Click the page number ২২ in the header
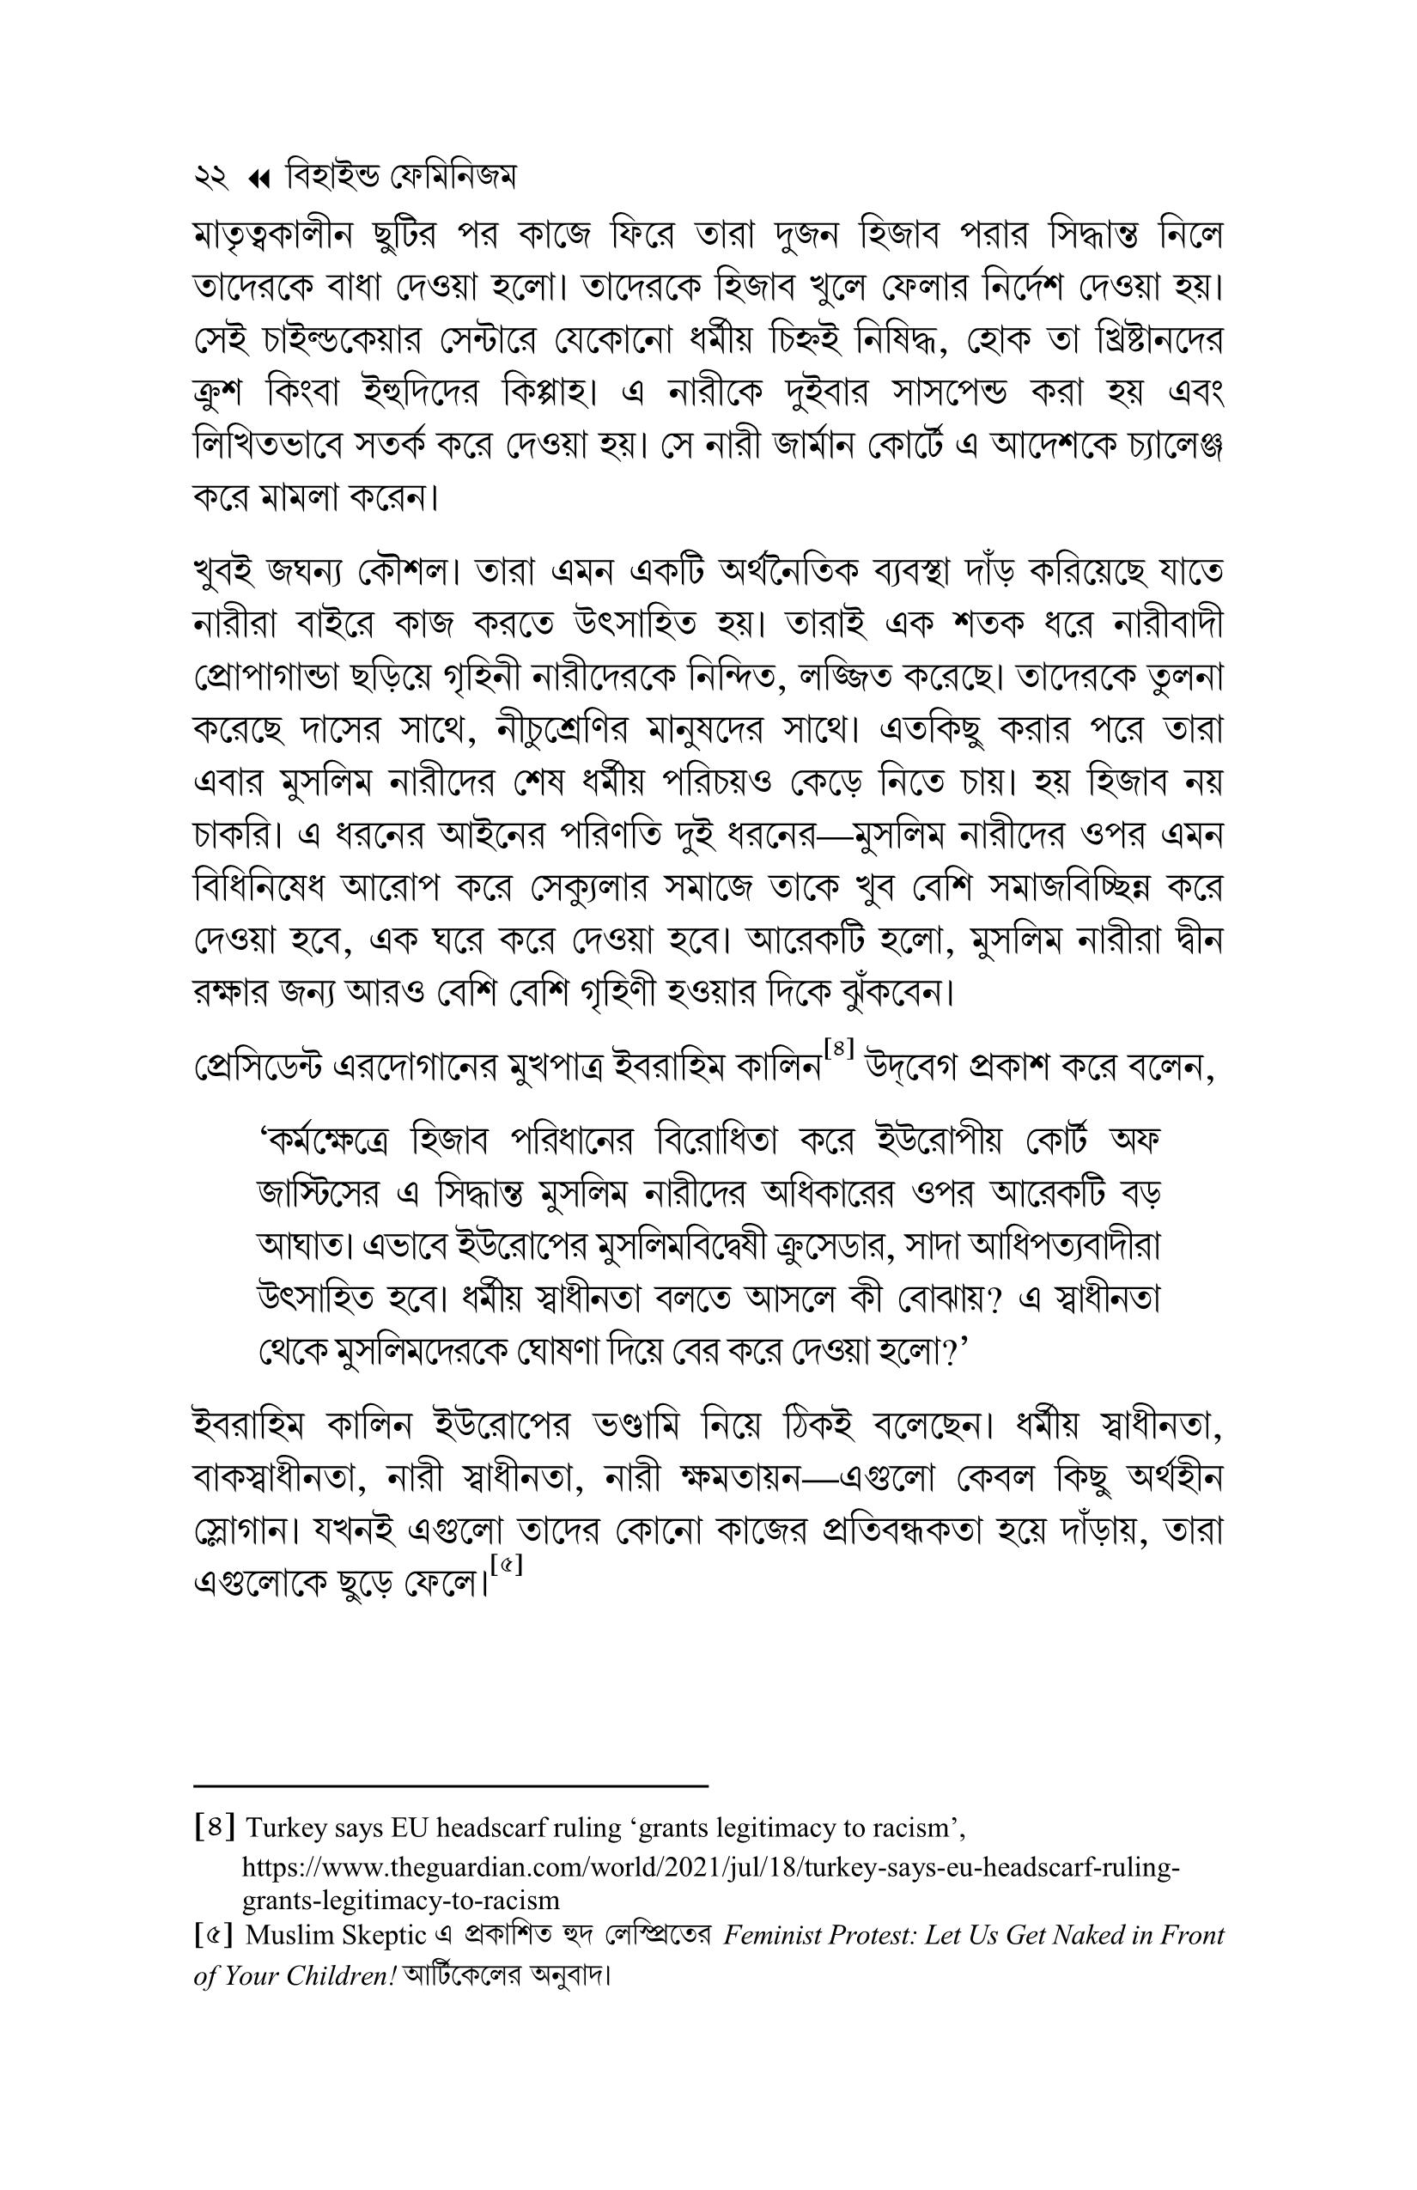tap(210, 177)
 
